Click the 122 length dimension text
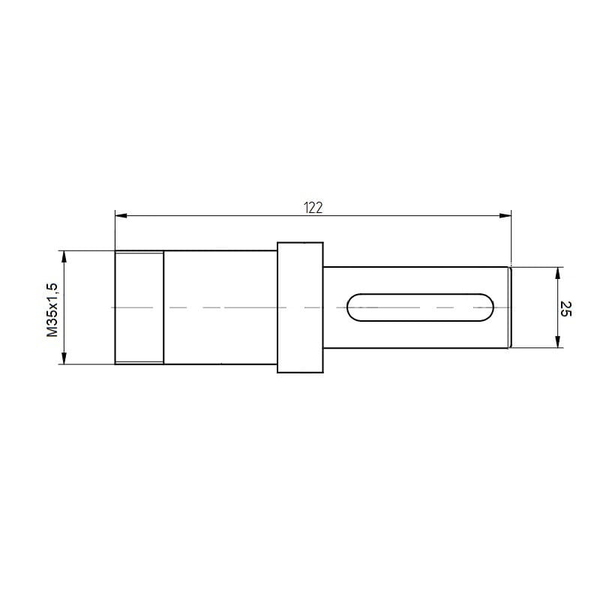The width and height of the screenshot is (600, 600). click(313, 208)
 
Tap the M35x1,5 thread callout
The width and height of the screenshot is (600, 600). click(52, 310)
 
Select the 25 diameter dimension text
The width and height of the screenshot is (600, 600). click(565, 309)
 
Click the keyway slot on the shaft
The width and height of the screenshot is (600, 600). click(420, 307)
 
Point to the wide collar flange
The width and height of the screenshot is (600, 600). click(301, 307)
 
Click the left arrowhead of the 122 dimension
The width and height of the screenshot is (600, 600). click(121, 216)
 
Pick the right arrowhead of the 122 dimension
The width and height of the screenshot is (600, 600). click(505, 216)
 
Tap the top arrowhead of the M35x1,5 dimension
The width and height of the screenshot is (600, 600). click(64, 256)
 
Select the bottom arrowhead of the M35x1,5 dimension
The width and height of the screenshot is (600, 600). click(64, 358)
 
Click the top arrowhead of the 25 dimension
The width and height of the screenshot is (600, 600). click(557, 273)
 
